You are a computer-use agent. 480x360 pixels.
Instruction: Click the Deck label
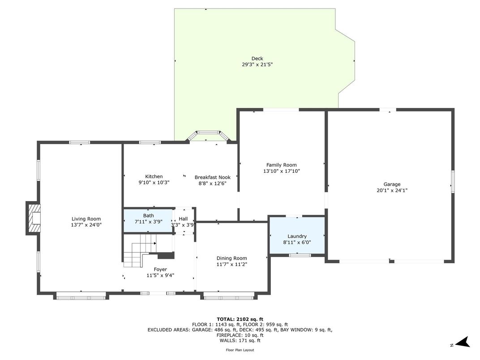(257, 58)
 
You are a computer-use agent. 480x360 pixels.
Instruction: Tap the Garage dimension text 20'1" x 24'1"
(392, 190)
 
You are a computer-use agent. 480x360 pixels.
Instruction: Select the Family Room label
(281, 165)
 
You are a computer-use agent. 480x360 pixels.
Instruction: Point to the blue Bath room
(148, 219)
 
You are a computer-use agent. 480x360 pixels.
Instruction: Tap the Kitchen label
(154, 176)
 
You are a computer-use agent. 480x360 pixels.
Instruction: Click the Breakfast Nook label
(212, 177)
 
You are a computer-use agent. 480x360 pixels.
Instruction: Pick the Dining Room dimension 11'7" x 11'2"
(231, 264)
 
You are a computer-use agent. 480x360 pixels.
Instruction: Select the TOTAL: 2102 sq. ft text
(240, 319)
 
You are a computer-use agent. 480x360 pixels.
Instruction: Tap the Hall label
(183, 219)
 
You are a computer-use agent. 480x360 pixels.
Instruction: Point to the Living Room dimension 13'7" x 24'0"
(86, 225)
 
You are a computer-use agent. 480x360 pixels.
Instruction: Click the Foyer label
(160, 269)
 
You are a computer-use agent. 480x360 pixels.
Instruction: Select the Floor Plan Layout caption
(240, 350)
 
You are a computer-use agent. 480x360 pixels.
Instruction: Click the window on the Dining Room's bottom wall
(229, 296)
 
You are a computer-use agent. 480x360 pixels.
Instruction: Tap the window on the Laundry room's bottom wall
(300, 255)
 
